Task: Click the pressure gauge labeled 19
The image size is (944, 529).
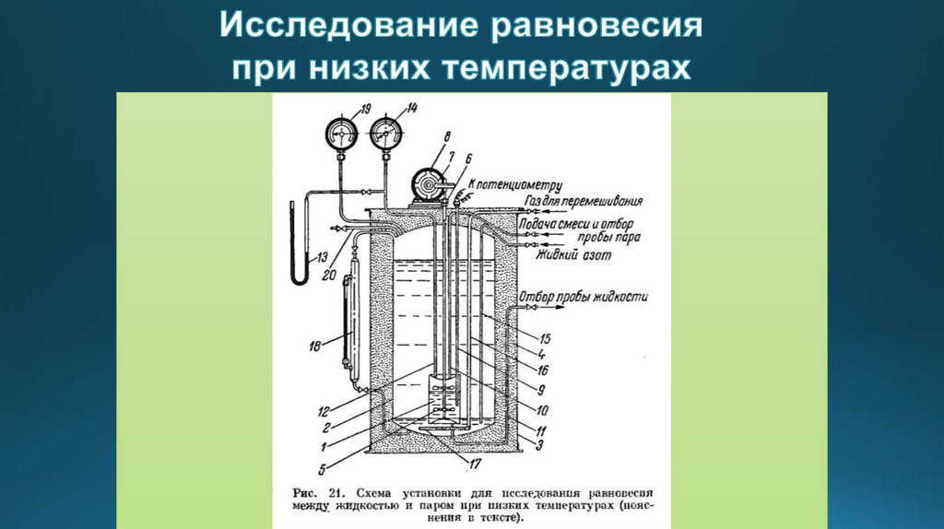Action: click(x=341, y=135)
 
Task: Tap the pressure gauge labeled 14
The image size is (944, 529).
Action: click(x=384, y=135)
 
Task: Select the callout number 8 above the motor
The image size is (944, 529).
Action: click(x=446, y=137)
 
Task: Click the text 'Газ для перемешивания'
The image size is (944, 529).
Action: click(x=583, y=200)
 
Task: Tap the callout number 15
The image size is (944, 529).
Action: click(x=546, y=337)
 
